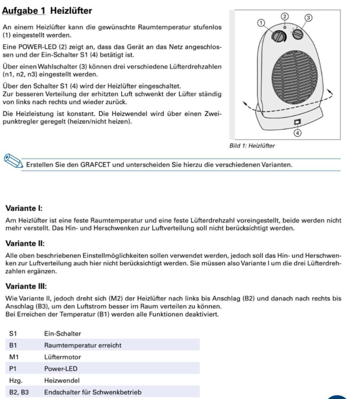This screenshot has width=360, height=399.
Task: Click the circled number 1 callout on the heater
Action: point(261,22)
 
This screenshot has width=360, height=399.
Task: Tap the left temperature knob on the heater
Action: point(279,37)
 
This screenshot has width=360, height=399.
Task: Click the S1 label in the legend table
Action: point(13,333)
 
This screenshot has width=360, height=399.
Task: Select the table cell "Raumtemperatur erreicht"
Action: point(83,345)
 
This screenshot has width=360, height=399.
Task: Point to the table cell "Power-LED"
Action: point(60,368)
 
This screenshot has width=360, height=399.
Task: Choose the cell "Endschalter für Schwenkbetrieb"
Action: point(93,392)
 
